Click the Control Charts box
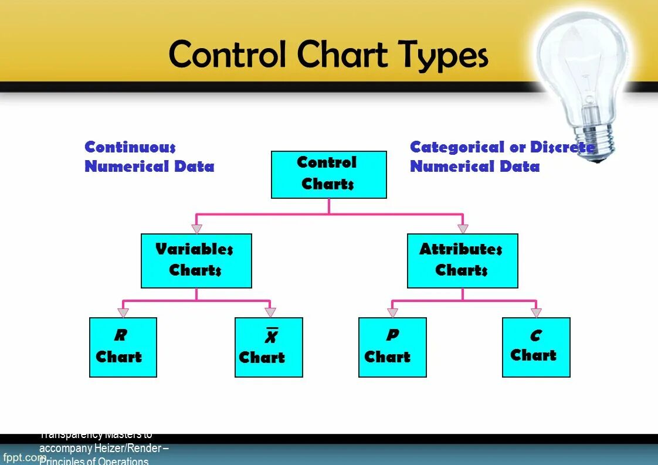pyautogui.click(x=328, y=174)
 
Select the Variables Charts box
pyautogui.click(x=196, y=260)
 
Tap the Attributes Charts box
pyautogui.click(x=462, y=260)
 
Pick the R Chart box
pyautogui.click(x=123, y=347)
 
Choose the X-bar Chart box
pyautogui.click(x=269, y=347)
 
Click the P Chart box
pyautogui.click(x=392, y=347)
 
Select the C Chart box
pyautogui.click(x=536, y=347)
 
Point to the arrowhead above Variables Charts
pyautogui.click(x=196, y=229)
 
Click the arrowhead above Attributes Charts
pyautogui.click(x=463, y=229)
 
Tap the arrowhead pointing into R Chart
pyautogui.click(x=123, y=313)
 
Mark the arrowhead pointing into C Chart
pyautogui.click(x=536, y=313)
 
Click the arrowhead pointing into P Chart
pyautogui.click(x=392, y=313)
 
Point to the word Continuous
pyautogui.click(x=130, y=147)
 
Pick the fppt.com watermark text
pyautogui.click(x=23, y=457)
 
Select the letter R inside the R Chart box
pyautogui.click(x=120, y=335)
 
